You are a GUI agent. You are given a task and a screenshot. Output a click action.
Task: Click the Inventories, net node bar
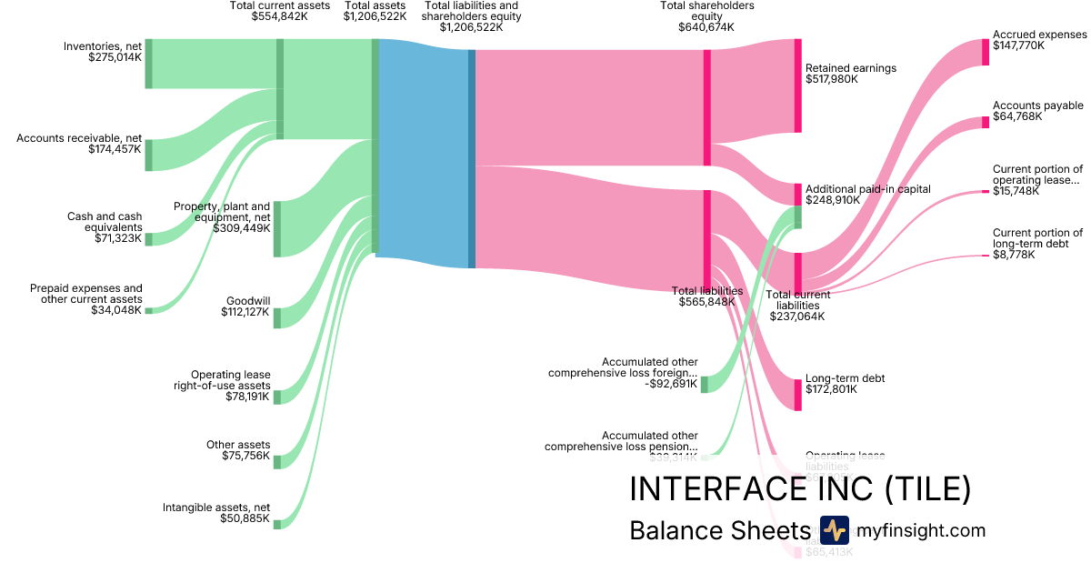(149, 64)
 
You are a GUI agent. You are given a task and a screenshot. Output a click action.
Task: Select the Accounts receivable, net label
(79, 144)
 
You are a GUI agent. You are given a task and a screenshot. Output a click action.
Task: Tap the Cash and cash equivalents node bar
(149, 239)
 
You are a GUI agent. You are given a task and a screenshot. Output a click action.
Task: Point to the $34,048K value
(116, 310)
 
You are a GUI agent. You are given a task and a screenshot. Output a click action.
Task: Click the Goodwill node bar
(277, 317)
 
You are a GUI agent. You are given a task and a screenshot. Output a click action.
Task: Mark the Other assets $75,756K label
(238, 450)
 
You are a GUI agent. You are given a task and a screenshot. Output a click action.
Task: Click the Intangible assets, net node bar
(277, 524)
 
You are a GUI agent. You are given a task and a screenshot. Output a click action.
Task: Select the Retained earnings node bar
(797, 85)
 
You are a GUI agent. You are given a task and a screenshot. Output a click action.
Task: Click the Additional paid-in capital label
(867, 195)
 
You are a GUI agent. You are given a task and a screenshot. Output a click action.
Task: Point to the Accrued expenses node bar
(985, 52)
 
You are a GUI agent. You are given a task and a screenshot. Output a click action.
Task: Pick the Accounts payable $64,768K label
(1037, 111)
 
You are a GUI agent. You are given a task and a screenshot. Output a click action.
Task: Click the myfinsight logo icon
(834, 530)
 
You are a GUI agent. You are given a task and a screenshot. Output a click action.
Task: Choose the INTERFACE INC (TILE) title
(800, 489)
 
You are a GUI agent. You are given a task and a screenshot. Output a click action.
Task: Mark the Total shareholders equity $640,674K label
(706, 16)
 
